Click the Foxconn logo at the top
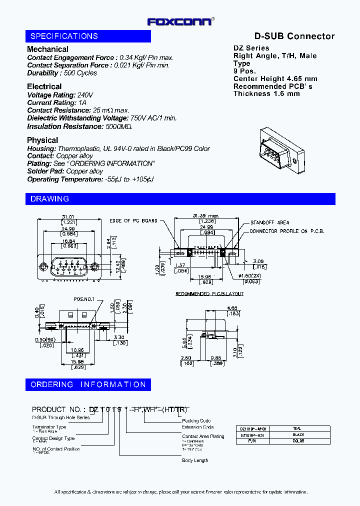point(180,21)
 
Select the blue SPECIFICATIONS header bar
point(88,36)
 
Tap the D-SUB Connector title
point(294,36)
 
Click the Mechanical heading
point(47,49)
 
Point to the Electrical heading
point(44,86)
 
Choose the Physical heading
point(42,140)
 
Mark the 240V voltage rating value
point(85,95)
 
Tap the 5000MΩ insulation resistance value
point(118,127)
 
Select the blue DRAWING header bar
point(180,199)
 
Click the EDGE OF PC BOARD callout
point(133,220)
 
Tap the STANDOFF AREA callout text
point(269,222)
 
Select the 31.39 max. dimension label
point(204,216)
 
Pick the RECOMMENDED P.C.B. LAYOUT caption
point(209,294)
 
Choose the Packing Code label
point(196,421)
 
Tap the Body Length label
point(195,460)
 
